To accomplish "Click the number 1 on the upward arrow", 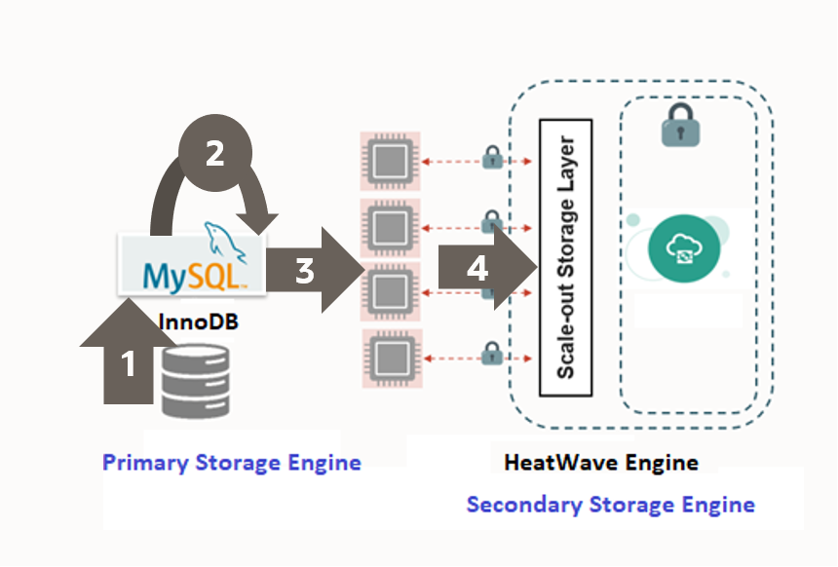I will (128, 365).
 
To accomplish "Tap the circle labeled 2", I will (215, 154).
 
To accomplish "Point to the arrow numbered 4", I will (477, 268).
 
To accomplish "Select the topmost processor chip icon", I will (390, 159).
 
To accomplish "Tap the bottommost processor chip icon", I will (390, 358).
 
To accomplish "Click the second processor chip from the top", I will (390, 225).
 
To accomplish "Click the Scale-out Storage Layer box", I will (565, 257).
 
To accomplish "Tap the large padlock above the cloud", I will (682, 126).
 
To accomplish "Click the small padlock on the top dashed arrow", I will (492, 155).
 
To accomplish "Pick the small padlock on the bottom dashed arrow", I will (492, 355).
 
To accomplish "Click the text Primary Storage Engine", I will (232, 462).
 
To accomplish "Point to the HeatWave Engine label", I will (601, 462).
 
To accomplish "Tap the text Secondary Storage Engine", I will (610, 505).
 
